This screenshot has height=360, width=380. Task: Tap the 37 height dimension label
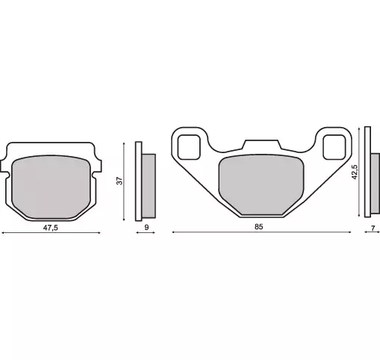click(119, 181)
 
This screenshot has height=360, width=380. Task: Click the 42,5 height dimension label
click(355, 171)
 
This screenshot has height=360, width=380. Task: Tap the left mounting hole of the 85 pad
click(189, 146)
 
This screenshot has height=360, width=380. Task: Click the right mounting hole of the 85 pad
click(334, 146)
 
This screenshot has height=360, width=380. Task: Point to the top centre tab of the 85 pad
click(259, 145)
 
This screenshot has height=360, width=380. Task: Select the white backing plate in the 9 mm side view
click(138, 181)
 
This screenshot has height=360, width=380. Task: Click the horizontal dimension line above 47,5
click(51, 233)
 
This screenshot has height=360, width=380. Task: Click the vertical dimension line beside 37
click(124, 181)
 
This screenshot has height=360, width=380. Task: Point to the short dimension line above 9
click(146, 233)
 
